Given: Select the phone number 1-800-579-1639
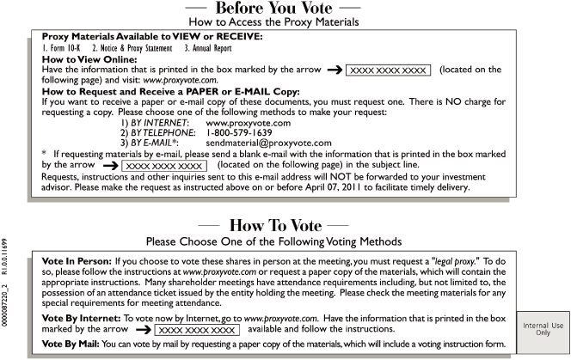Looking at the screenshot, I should coord(242,133).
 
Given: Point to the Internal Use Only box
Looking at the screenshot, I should coord(543,328).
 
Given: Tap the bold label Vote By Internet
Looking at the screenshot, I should coord(78,318).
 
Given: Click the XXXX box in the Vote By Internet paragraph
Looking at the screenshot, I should coord(200,329).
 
